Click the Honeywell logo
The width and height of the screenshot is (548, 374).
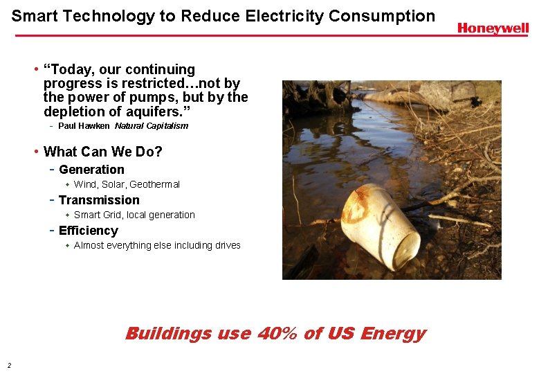(493, 28)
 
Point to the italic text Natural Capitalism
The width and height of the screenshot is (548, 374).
(152, 126)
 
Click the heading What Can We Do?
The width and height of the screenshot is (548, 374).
(102, 151)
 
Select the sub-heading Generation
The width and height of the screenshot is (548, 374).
(91, 170)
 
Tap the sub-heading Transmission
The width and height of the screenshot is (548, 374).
(99, 200)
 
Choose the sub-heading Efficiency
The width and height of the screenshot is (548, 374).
(89, 231)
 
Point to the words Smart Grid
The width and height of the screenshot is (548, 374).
(98, 215)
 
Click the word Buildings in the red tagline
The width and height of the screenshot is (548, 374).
(168, 334)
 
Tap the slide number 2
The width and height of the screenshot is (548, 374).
(8, 365)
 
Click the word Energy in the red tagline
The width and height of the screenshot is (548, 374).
(393, 334)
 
